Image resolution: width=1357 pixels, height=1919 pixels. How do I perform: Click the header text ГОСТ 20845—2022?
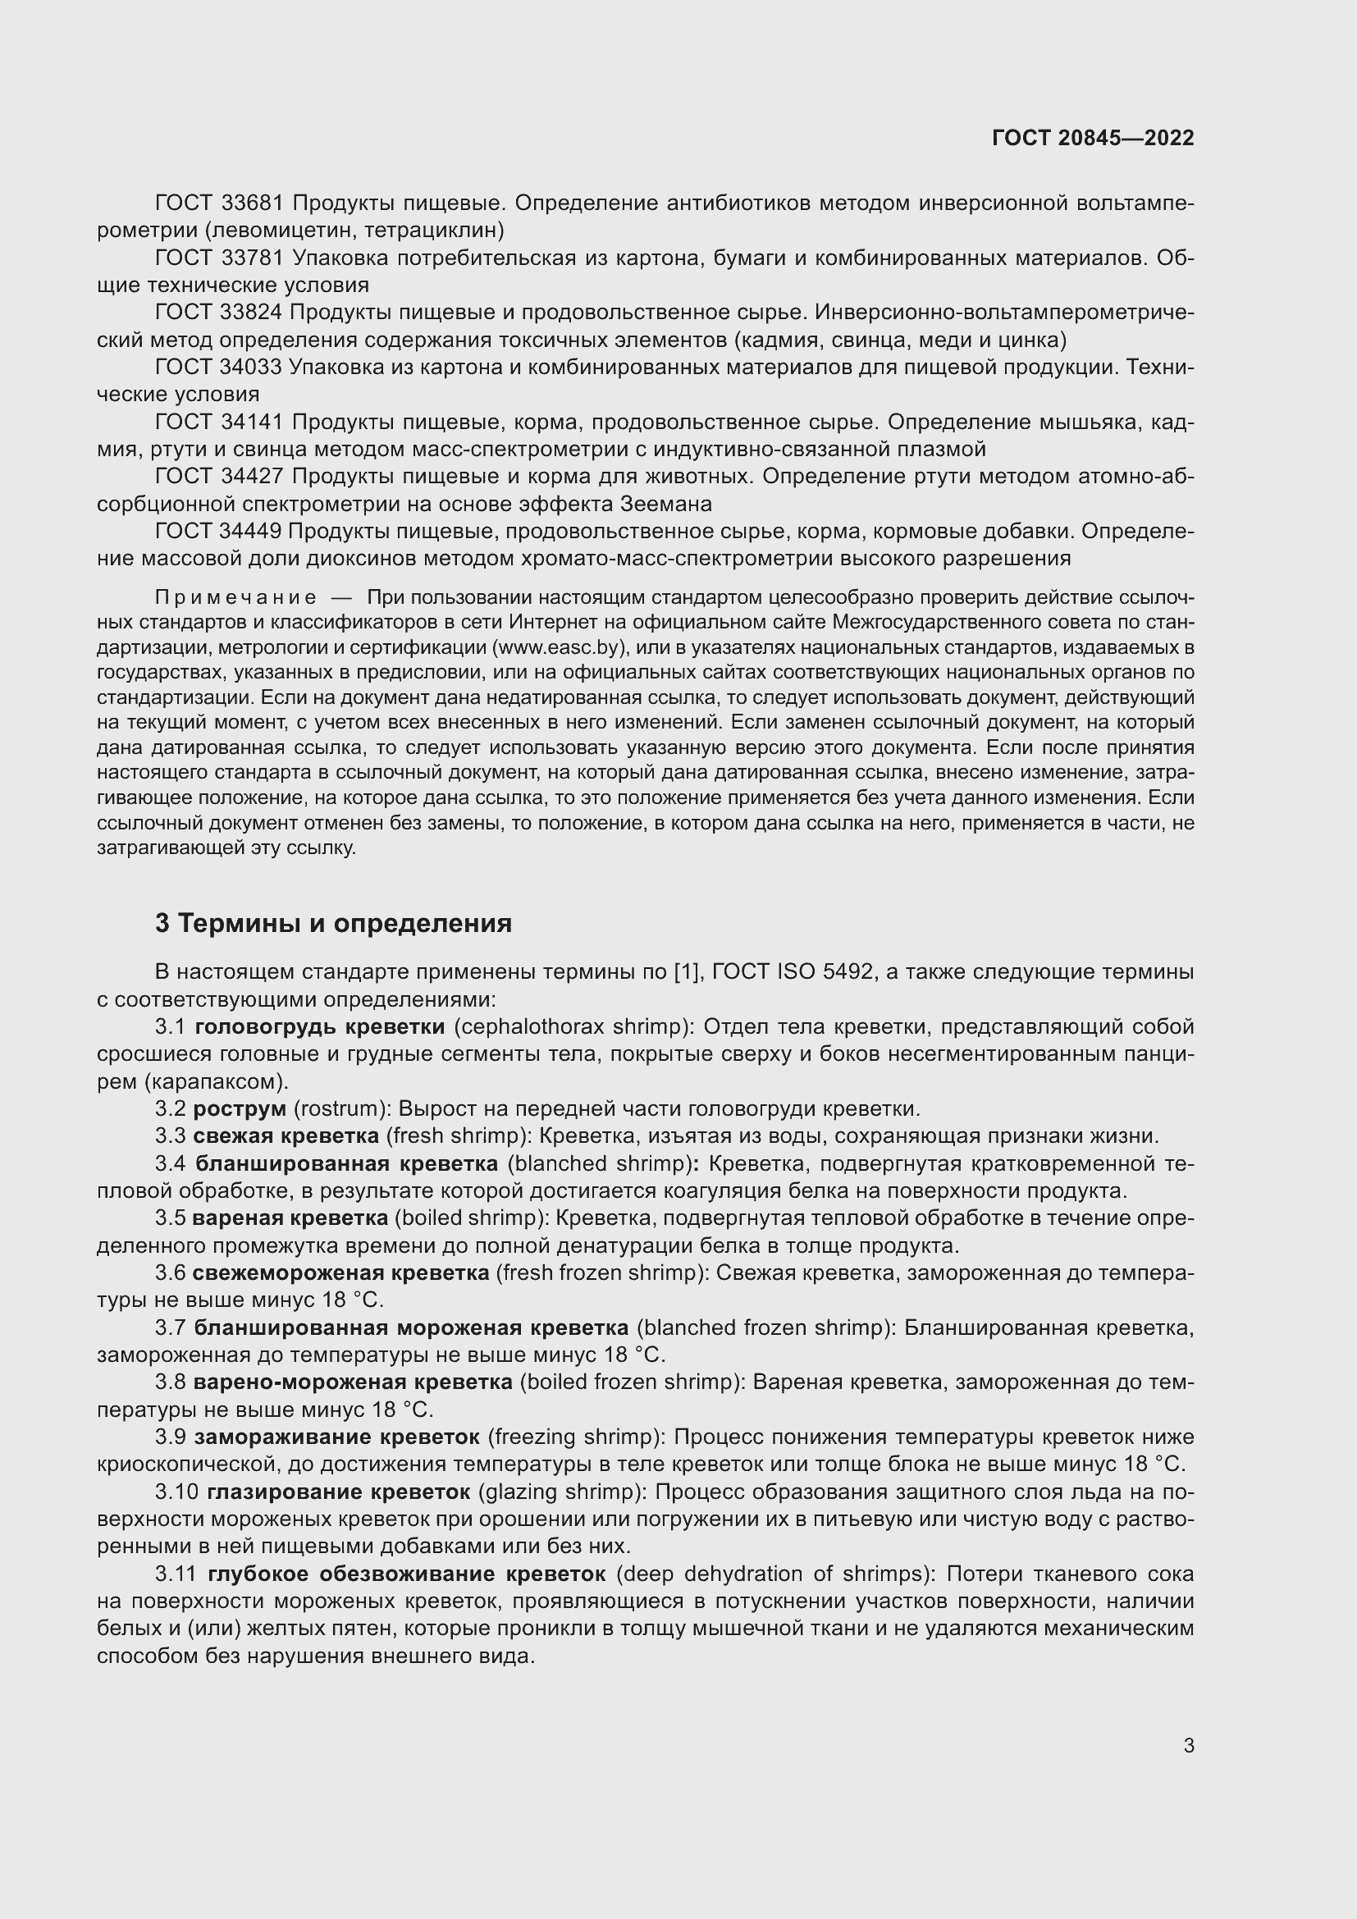click(x=1092, y=138)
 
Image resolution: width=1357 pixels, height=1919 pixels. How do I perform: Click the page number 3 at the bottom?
click(x=1188, y=1745)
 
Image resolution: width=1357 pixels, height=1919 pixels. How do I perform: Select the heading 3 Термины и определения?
click(x=332, y=924)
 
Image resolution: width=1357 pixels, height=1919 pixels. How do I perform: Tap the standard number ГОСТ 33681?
click(x=220, y=203)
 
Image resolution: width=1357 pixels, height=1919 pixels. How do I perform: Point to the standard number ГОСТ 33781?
click(x=220, y=258)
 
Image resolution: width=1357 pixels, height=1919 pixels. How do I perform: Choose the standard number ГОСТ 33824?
click(x=220, y=313)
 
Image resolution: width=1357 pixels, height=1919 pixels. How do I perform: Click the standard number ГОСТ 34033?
click(x=220, y=367)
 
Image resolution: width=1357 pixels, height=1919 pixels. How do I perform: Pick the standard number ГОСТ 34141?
click(x=220, y=422)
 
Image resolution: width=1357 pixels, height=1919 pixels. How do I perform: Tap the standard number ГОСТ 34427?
click(x=220, y=477)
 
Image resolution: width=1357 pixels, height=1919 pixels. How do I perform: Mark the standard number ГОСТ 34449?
click(x=220, y=532)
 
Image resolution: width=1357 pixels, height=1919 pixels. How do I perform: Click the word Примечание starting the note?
click(x=235, y=597)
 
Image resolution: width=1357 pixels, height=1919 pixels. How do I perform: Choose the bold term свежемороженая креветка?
click(x=340, y=1273)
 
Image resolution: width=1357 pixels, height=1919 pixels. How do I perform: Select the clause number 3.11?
click(x=176, y=1574)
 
